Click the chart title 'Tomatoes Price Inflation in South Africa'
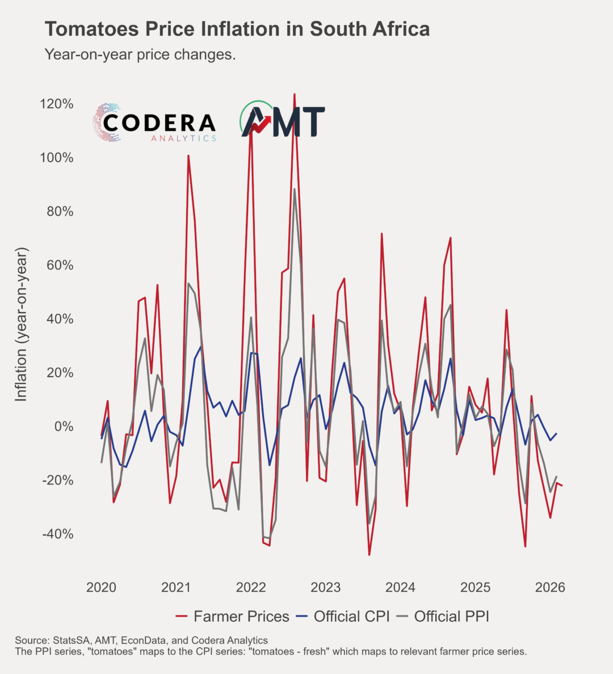[x=237, y=29]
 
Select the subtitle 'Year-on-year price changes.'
[x=140, y=55]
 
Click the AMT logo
[x=283, y=120]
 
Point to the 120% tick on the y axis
[x=57, y=104]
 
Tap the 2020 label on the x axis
[x=101, y=587]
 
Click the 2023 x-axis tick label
[x=326, y=587]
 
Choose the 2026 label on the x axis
[x=550, y=587]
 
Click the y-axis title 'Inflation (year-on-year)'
[x=21, y=325]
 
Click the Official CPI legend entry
[x=344, y=616]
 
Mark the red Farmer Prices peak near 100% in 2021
[x=188, y=155]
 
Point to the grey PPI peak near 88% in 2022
[x=294, y=189]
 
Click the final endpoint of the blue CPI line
[x=556, y=433]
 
